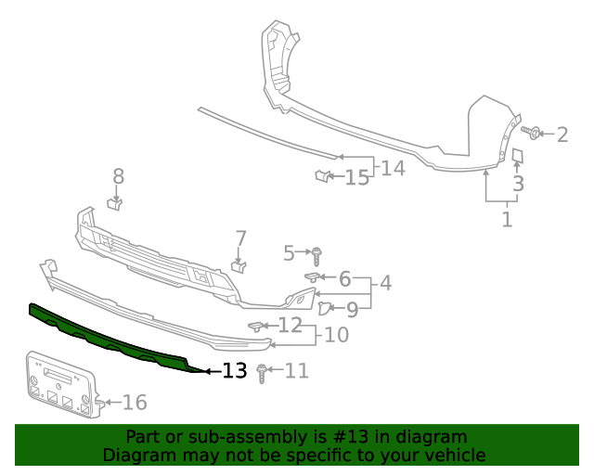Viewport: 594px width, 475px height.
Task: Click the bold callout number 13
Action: pyautogui.click(x=235, y=370)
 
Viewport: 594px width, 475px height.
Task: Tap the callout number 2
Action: pyautogui.click(x=562, y=135)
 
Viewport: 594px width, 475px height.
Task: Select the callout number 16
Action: pyautogui.click(x=135, y=403)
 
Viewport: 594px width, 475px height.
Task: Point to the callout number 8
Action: pyautogui.click(x=119, y=176)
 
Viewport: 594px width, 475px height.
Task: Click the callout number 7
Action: pyautogui.click(x=241, y=238)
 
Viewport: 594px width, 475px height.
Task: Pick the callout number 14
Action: pyautogui.click(x=393, y=168)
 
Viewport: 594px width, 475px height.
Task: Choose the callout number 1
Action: pyautogui.click(x=507, y=219)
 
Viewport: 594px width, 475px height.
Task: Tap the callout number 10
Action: pyautogui.click(x=336, y=335)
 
